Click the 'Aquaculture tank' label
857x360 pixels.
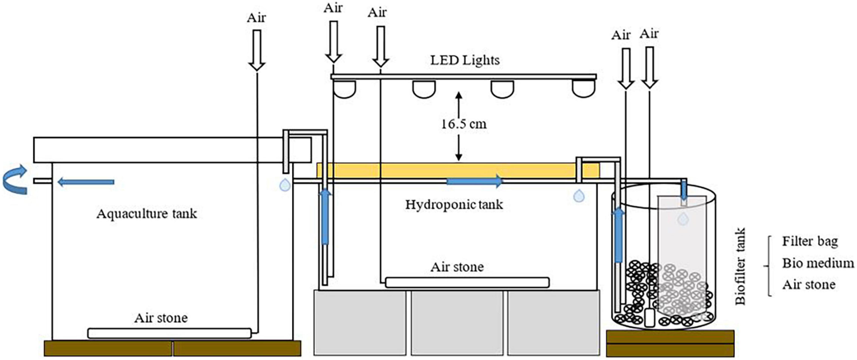147,214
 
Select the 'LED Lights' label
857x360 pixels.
465,60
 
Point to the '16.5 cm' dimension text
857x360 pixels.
464,124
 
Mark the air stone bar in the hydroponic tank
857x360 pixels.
467,282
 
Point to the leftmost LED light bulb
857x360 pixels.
345,89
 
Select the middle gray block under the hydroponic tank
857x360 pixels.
457,323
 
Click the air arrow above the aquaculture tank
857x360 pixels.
257,50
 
